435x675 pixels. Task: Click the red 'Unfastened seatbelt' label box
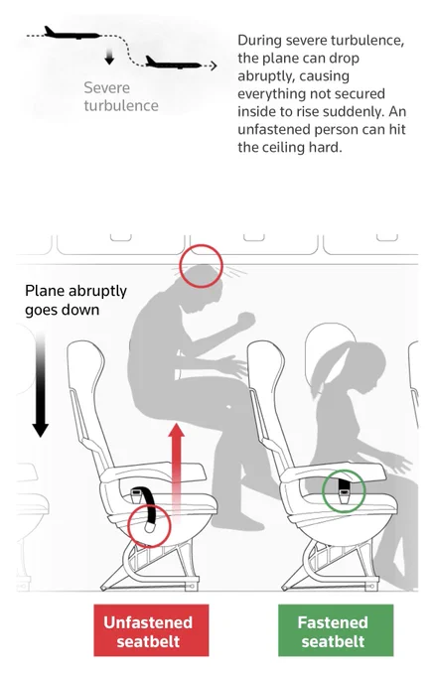click(151, 629)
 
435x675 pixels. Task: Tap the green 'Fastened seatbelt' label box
click(336, 629)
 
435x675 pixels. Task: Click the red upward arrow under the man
click(176, 470)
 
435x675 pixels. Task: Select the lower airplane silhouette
click(172, 64)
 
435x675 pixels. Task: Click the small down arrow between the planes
click(109, 57)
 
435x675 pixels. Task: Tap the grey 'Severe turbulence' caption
click(121, 96)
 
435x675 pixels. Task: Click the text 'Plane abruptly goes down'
click(75, 300)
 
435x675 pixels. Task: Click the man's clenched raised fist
click(245, 321)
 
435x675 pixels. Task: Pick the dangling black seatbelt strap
click(150, 509)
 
